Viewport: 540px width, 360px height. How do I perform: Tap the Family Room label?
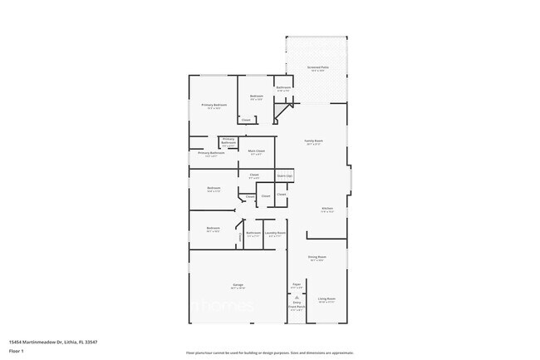[313, 141]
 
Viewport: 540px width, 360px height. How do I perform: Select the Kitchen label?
[327, 209]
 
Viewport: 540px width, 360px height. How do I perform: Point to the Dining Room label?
[317, 257]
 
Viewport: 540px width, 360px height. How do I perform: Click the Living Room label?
[326, 298]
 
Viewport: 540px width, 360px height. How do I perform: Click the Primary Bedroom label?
[214, 105]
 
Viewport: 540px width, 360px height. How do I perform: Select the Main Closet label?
[257, 151]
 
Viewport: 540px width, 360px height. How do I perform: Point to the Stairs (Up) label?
[284, 176]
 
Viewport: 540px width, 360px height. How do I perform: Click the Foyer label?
[296, 285]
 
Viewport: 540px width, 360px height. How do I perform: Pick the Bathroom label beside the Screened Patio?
[282, 87]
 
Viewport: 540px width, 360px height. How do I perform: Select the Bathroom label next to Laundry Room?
[253, 233]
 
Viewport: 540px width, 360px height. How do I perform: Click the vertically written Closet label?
[241, 237]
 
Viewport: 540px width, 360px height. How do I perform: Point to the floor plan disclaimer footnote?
[270, 353]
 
